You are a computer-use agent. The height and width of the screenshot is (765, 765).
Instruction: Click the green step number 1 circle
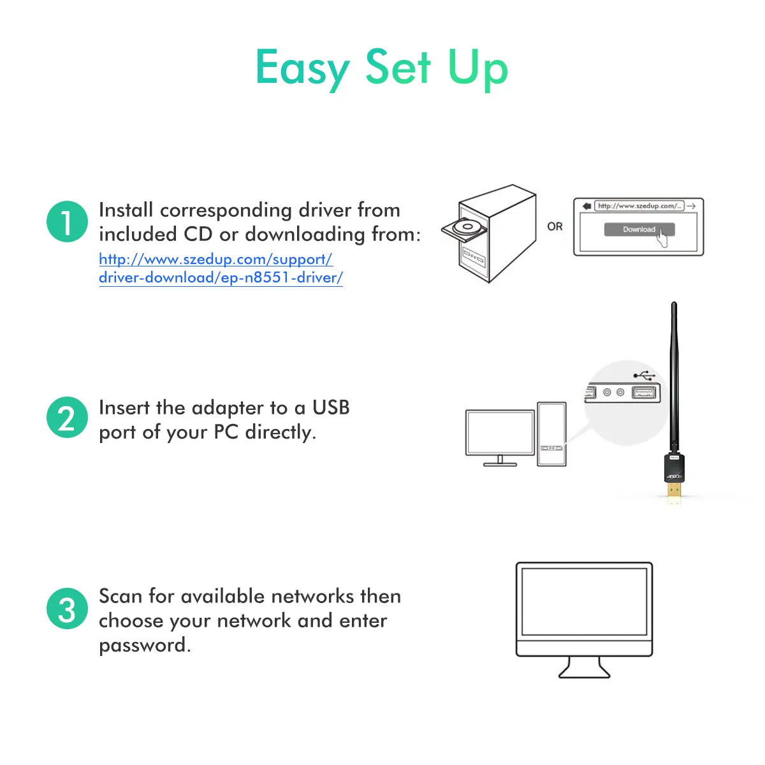tap(67, 222)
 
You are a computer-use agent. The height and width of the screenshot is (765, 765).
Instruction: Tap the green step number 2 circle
tap(67, 418)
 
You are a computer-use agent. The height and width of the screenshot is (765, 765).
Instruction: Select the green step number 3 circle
tap(67, 608)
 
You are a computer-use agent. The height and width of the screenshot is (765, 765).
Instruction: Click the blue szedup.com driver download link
tap(220, 268)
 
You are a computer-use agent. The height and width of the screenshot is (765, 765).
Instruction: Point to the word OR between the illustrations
tap(555, 226)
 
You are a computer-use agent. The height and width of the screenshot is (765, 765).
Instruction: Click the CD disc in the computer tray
tap(467, 227)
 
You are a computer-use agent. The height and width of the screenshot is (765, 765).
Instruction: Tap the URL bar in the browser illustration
tap(639, 206)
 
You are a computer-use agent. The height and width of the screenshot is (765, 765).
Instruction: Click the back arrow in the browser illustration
tap(586, 206)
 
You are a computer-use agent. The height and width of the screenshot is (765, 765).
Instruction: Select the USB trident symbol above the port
tap(644, 375)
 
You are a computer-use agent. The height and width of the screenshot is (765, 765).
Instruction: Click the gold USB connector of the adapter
tap(674, 490)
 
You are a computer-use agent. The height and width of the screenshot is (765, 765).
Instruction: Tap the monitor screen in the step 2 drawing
tap(500, 433)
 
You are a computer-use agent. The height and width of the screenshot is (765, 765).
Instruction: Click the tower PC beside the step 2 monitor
tap(551, 433)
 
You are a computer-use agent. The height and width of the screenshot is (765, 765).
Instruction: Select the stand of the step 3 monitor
tap(585, 668)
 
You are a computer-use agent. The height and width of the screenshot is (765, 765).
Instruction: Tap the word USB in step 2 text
tap(330, 408)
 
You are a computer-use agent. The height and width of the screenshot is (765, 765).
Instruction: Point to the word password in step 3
tap(145, 645)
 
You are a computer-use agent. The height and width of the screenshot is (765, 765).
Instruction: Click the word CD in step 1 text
tap(198, 235)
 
